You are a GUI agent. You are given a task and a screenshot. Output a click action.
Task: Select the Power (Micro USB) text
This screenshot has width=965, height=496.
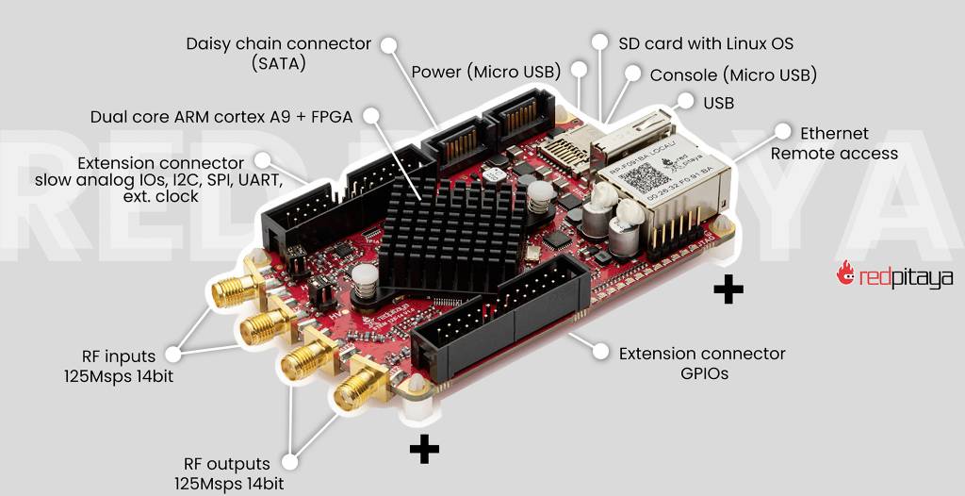[x=486, y=72]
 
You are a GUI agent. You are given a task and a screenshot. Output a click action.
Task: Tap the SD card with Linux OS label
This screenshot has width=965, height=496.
[x=705, y=43]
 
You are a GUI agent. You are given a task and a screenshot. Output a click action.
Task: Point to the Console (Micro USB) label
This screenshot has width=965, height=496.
[x=733, y=74]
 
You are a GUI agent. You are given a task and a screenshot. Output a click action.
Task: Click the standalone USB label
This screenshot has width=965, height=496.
[x=718, y=102]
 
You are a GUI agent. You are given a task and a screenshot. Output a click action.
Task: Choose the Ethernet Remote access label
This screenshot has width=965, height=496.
[x=834, y=143]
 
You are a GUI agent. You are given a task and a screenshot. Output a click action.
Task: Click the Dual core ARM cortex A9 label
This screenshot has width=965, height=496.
[x=221, y=117]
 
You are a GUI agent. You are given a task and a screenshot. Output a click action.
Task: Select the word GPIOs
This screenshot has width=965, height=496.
[x=703, y=373]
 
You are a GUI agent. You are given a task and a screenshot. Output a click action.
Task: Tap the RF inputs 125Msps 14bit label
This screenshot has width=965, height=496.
[x=118, y=366]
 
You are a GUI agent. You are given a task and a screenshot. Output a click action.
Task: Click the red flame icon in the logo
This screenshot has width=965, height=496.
[x=845, y=273]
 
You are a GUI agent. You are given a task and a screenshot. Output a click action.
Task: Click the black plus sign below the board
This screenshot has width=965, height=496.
[x=424, y=450]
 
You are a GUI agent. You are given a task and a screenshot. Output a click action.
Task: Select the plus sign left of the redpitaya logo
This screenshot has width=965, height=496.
[x=728, y=290]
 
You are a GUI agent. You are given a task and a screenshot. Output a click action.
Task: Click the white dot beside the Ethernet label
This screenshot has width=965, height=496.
[x=781, y=132]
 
